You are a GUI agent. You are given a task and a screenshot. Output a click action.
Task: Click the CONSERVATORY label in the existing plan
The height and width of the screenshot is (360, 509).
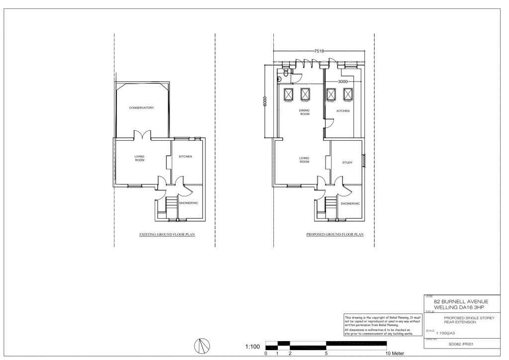142,108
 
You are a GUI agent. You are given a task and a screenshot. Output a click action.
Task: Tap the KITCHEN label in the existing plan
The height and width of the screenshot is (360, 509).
185,157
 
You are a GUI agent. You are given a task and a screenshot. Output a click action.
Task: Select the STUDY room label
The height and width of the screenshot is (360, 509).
347,163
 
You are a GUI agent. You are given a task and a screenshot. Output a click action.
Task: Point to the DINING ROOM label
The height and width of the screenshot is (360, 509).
304,112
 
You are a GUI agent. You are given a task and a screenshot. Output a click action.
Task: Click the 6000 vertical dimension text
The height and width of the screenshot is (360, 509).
265,101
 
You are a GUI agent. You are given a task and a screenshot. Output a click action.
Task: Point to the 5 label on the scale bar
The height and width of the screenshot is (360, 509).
326,354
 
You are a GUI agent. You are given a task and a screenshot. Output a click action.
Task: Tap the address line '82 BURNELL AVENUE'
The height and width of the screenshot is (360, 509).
461,301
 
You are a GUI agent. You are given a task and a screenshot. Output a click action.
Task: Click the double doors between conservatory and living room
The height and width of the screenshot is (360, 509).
142,135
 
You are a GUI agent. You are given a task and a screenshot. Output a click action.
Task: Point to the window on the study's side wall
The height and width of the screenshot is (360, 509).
364,161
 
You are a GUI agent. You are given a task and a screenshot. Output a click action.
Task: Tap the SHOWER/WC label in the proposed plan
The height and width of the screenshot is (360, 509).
350,203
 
